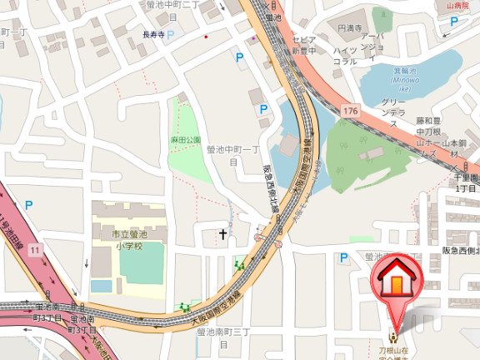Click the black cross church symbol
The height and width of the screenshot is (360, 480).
pos(223,235)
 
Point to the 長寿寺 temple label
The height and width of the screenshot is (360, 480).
pos(153,35)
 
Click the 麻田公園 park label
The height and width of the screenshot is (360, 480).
pos(186,139)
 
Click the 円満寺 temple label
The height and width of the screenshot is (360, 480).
pos(350,28)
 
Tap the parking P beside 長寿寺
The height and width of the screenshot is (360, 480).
pos(172,35)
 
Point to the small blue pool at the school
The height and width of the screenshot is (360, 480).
pos(101,286)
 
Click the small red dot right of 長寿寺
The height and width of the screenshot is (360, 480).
pos(206,37)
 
